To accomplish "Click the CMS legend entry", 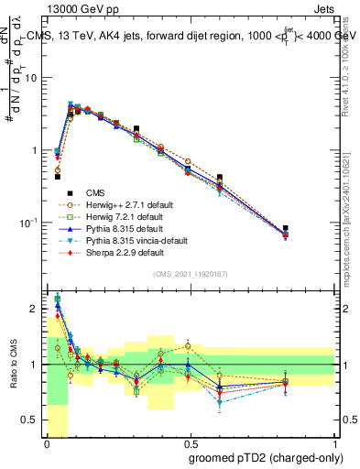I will [95, 192].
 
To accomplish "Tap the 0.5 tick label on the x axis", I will [191, 444].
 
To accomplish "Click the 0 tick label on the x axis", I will [47, 444].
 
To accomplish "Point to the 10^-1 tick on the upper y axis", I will [31, 222].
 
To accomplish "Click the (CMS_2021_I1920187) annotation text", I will [191, 272].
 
